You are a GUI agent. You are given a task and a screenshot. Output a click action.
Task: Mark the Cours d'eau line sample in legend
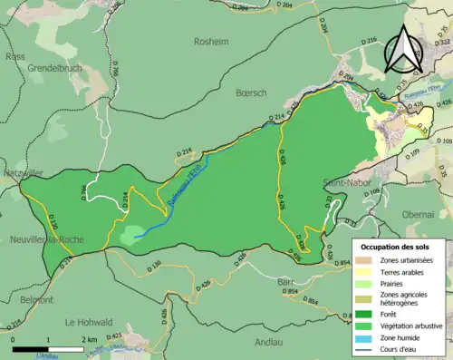[x=369, y=346]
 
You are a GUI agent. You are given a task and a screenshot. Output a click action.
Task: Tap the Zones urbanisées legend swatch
[x=369, y=260]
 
